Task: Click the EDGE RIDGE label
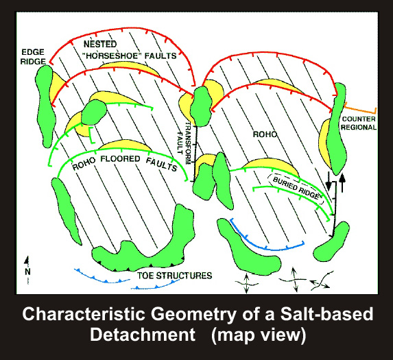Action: point(33,57)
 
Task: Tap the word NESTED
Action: point(100,45)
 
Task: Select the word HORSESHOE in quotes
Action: point(112,56)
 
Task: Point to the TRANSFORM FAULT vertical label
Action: point(183,143)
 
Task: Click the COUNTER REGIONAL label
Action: point(359,123)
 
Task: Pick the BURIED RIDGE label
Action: point(296,188)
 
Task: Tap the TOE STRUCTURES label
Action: point(174,276)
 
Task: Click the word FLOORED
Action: point(120,159)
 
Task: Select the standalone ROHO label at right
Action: point(265,134)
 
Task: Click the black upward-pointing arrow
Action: point(342,182)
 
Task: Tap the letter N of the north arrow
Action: point(27,272)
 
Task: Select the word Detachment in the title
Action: point(143,335)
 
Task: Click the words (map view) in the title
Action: point(259,335)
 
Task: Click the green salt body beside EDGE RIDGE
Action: point(45,106)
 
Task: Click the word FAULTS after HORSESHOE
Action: point(160,56)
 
